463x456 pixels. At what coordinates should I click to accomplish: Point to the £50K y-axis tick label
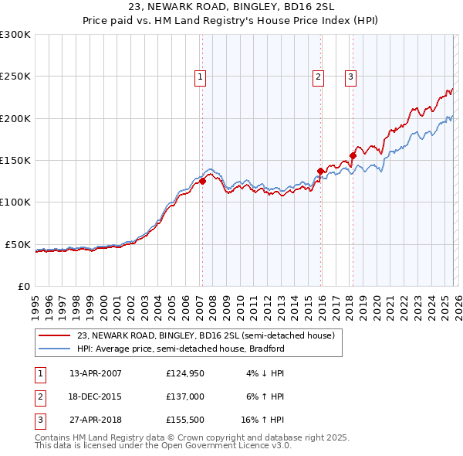pyautogui.click(x=19, y=244)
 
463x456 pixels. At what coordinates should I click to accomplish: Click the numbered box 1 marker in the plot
pyautogui.click(x=200, y=77)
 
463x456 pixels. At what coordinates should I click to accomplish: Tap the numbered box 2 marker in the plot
pyautogui.click(x=318, y=77)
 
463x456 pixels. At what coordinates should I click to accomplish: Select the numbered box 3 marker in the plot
pyautogui.click(x=350, y=77)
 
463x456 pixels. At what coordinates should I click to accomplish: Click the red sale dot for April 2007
pyautogui.click(x=202, y=182)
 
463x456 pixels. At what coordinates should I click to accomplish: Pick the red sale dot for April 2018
pyautogui.click(x=353, y=155)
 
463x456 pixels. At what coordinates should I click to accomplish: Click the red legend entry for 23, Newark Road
pyautogui.click(x=205, y=336)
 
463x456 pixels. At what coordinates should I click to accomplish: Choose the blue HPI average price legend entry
pyautogui.click(x=181, y=349)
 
